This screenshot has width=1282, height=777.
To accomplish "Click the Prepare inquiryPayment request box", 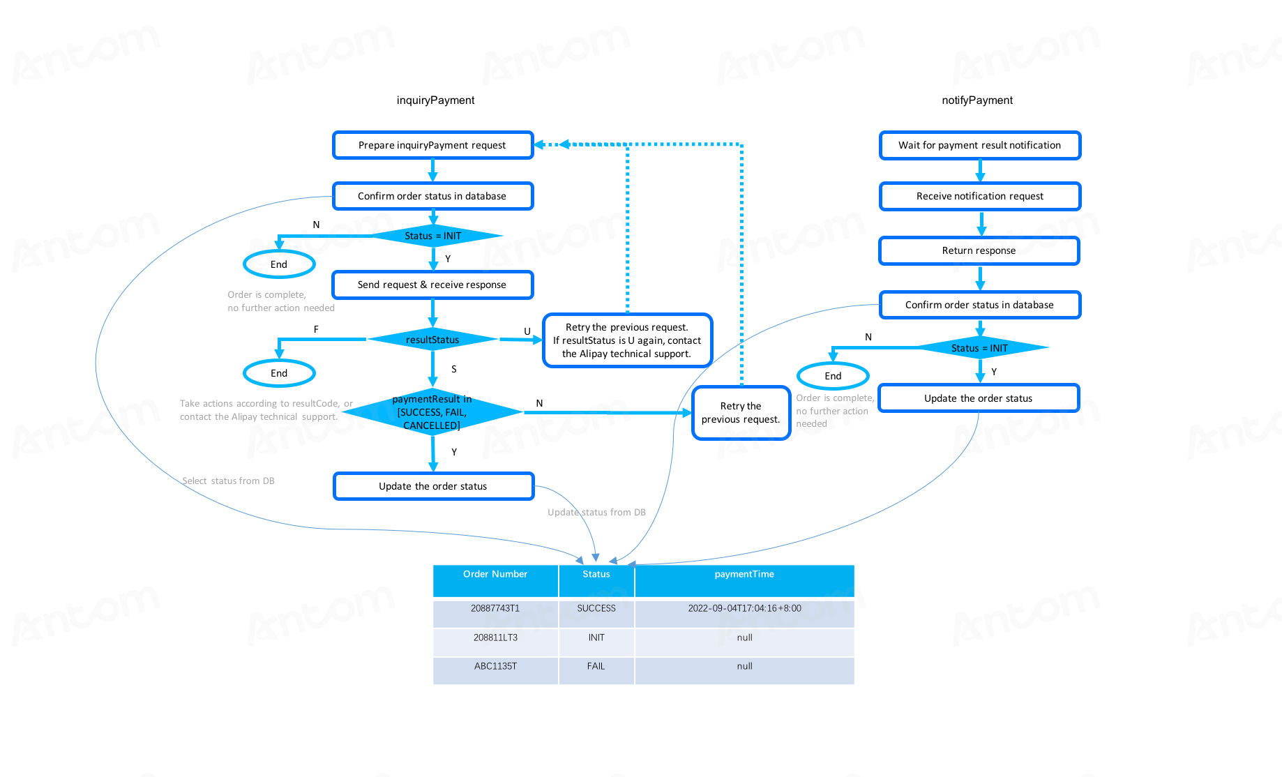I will point(432,145).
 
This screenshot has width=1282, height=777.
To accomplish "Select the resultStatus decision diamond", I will point(432,340).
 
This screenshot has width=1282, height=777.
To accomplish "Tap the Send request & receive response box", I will point(432,285).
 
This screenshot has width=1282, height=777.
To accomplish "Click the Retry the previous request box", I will point(741,413).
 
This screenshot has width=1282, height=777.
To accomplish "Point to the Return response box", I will point(979,250).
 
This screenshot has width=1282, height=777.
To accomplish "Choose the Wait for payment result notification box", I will point(979,145).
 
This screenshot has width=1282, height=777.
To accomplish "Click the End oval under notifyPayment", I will point(833,376).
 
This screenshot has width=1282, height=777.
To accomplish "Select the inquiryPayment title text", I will point(435,100).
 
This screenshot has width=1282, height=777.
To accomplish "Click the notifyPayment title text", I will point(977,100).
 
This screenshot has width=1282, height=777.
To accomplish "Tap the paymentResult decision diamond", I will point(432,412).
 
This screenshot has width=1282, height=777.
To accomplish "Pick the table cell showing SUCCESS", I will point(596,608).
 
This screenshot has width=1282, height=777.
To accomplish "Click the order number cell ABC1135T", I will point(495,666).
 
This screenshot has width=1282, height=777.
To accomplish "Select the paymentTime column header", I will point(744,574).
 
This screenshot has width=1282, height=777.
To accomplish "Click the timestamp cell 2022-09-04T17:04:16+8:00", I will point(744,608).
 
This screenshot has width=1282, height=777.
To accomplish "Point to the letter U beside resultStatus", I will point(527,331).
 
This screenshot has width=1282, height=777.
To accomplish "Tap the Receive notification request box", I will point(979,196).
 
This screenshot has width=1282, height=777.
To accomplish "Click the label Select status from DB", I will point(228,481).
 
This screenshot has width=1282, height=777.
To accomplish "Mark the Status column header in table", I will point(596,574).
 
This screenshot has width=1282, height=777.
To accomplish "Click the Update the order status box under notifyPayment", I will point(978,398).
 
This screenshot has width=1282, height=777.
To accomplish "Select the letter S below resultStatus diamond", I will point(454,369).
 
